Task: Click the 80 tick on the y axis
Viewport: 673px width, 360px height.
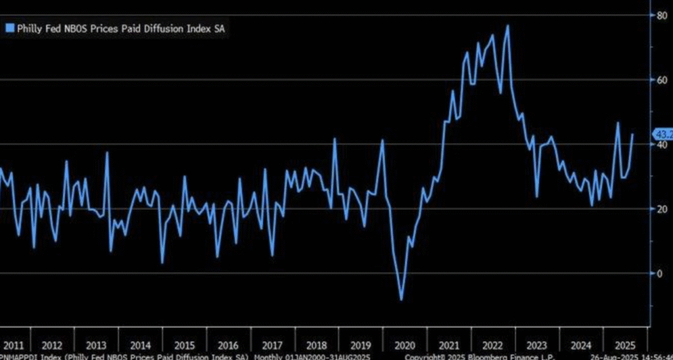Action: pyautogui.click(x=657, y=15)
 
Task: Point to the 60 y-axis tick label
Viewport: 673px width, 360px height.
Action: pyautogui.click(x=657, y=80)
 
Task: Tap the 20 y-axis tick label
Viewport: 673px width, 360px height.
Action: pyautogui.click(x=657, y=209)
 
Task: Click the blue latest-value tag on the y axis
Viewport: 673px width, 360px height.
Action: pyautogui.click(x=661, y=135)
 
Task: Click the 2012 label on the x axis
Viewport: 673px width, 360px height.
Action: pyautogui.click(x=52, y=345)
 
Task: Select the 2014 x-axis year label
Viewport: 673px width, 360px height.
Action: pyautogui.click(x=140, y=345)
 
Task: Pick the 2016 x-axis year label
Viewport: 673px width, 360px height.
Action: pyautogui.click(x=227, y=345)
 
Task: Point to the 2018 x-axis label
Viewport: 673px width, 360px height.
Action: pyautogui.click(x=315, y=345)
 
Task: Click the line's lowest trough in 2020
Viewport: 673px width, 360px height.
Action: pyautogui.click(x=401, y=300)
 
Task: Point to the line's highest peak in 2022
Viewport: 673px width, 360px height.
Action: pyautogui.click(x=507, y=26)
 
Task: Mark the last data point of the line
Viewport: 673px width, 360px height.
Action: pyautogui.click(x=633, y=135)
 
